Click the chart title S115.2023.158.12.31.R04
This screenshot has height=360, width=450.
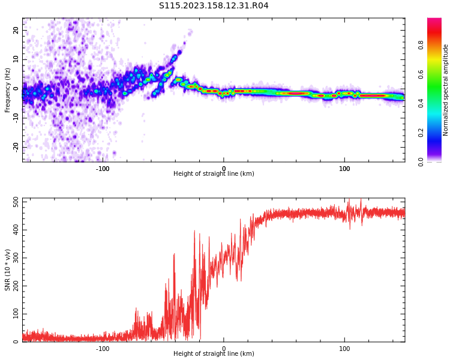[x=214, y=6]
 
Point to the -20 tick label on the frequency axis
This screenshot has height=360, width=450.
[x=15, y=147]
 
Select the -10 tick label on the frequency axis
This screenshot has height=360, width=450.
[x=15, y=118]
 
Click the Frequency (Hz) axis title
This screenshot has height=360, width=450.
[x=8, y=90]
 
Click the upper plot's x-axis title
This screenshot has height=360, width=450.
[x=214, y=174]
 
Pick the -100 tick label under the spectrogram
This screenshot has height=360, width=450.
[x=103, y=169]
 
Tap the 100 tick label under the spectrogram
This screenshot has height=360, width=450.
[x=344, y=169]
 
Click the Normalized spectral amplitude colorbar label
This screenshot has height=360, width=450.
[x=446, y=90]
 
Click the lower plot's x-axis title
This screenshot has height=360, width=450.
[x=214, y=354]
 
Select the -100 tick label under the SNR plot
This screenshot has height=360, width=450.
[x=103, y=349]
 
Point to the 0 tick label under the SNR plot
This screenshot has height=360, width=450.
[x=224, y=349]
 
